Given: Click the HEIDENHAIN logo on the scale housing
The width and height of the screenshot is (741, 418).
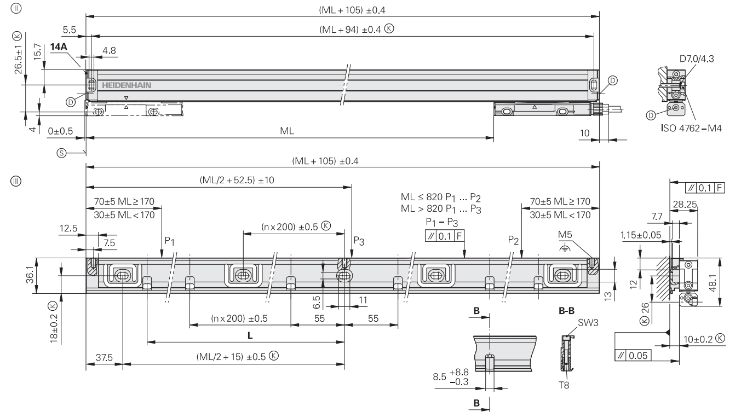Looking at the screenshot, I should coord(122,86).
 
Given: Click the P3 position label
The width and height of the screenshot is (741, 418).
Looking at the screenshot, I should coord(358,240).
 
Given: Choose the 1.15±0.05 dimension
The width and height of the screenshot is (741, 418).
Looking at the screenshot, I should coord(640,235).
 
